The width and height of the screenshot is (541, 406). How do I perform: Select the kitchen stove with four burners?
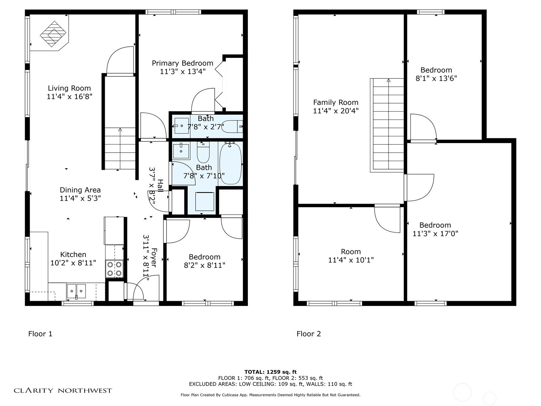114,269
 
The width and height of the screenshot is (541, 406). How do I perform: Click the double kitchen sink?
76,291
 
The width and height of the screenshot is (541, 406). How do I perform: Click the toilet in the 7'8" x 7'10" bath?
203,152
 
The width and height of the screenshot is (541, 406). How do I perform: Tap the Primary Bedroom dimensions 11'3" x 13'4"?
183,71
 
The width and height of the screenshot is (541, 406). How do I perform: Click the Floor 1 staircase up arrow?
120,130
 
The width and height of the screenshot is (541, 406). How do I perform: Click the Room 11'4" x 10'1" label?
351,256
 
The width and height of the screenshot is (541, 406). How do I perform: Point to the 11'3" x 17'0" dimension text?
435,233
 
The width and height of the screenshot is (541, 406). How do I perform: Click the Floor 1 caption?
40,334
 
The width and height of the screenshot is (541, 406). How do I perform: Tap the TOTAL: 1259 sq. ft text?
270,372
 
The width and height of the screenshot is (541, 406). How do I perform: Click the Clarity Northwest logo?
63,390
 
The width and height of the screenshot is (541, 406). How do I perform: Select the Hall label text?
160,186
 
